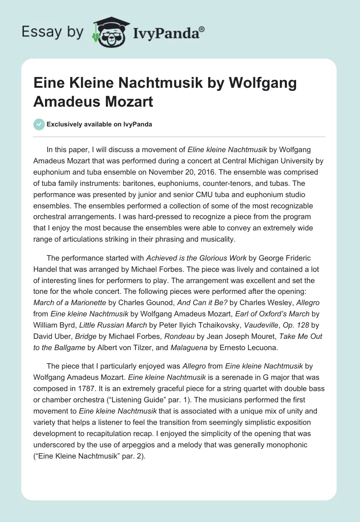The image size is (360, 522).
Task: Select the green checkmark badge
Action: coord(39,124)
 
